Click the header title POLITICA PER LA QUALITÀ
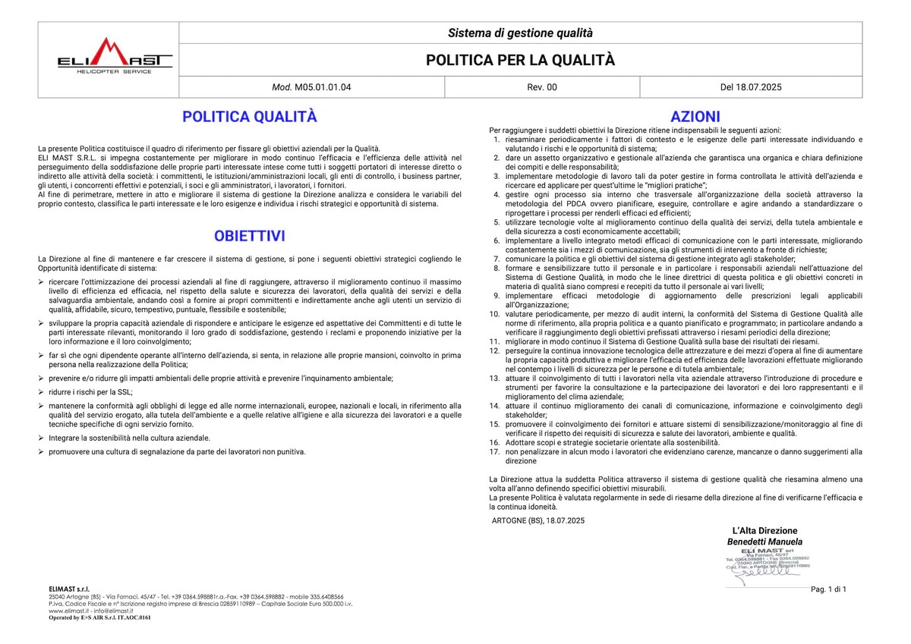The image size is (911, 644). (520, 60)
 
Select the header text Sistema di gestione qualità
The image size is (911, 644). (520, 33)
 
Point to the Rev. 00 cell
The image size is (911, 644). (541, 87)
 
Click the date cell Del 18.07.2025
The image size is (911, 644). (751, 87)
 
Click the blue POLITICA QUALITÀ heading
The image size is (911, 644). (249, 117)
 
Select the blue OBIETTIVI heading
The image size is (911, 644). (249, 236)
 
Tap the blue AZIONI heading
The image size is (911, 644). (695, 117)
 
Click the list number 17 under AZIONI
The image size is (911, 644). (493, 451)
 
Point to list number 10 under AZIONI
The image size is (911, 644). (493, 313)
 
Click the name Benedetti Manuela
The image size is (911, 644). (764, 542)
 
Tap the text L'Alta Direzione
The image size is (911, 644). (764, 530)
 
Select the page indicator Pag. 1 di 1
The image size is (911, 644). (828, 589)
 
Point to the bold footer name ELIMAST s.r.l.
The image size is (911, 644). (69, 588)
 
